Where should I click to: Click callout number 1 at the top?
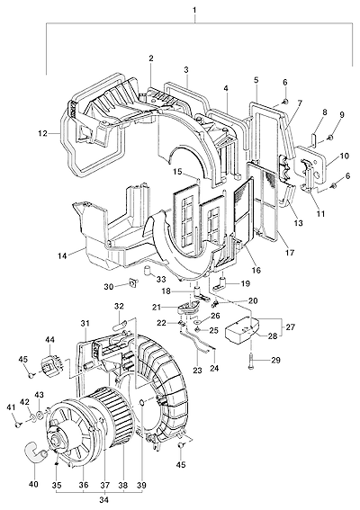click(194, 10)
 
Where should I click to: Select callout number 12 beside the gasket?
click(42, 133)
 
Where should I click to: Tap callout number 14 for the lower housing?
click(62, 256)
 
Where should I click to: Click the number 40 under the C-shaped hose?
click(33, 485)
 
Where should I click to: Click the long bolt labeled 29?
click(251, 362)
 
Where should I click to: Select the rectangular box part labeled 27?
click(243, 330)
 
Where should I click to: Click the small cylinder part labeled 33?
click(148, 270)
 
